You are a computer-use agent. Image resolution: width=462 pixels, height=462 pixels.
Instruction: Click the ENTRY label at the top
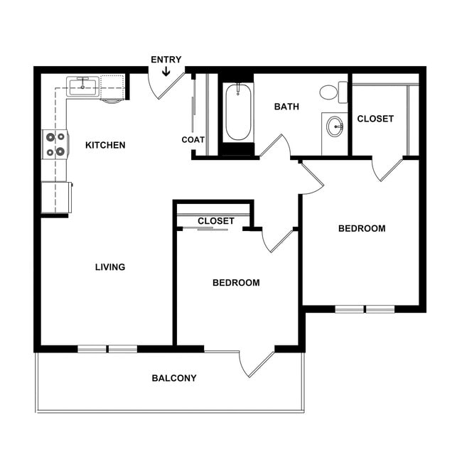(166, 60)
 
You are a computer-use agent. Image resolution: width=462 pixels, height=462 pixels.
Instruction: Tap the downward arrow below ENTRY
(166, 70)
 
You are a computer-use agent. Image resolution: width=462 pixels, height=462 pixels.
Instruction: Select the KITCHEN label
(105, 146)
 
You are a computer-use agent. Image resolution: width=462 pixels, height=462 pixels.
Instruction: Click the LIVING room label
(110, 267)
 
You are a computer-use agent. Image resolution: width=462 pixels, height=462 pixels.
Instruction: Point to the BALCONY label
(174, 378)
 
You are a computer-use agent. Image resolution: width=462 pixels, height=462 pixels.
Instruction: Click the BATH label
(286, 107)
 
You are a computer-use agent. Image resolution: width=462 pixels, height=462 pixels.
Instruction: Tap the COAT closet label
(193, 140)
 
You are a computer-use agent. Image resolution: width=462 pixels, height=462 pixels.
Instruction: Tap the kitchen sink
(82, 87)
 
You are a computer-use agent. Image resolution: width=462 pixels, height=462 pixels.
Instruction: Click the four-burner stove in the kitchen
(55, 144)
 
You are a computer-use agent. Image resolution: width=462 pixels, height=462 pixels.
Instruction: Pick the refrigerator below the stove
(56, 197)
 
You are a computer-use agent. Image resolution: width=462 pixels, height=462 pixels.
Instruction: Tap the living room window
(107, 348)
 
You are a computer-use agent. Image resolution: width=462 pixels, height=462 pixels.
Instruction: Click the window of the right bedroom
(365, 309)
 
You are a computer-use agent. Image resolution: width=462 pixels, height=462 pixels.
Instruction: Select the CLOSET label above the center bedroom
(216, 221)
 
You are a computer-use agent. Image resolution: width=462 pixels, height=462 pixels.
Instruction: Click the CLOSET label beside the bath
(375, 119)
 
